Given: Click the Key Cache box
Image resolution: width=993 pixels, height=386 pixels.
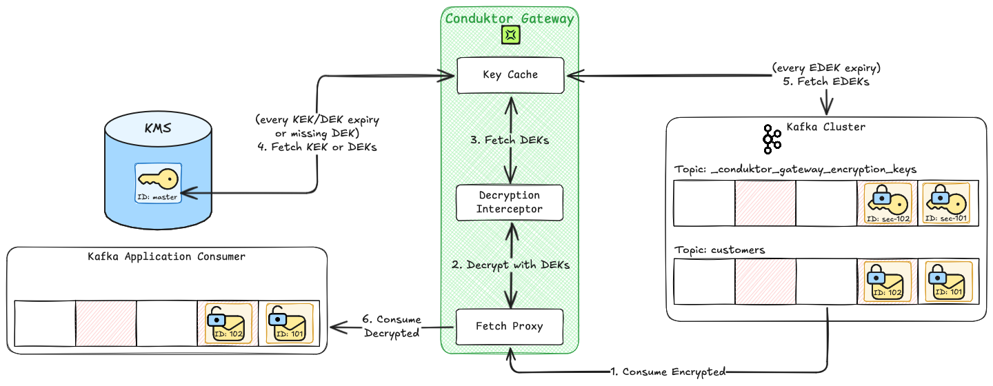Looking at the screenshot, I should [510, 75].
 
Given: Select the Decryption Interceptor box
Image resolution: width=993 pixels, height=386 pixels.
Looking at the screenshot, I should [510, 202].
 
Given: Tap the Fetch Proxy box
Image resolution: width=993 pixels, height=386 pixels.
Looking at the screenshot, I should [510, 326].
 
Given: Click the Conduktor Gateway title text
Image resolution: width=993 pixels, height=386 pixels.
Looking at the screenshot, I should [510, 19].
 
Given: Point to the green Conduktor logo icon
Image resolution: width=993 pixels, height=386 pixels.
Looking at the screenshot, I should [510, 34].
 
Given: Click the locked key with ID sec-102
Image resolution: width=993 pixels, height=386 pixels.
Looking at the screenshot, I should [887, 204].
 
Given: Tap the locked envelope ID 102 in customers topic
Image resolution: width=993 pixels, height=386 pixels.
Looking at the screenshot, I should [887, 282].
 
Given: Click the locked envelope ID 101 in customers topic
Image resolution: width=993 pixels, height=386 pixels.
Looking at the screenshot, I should [948, 282].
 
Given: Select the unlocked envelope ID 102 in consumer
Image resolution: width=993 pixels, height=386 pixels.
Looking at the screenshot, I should [228, 323].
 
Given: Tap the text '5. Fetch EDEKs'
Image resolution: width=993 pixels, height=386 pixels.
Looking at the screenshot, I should [826, 81].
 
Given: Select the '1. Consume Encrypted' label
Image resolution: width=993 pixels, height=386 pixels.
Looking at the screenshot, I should [669, 372].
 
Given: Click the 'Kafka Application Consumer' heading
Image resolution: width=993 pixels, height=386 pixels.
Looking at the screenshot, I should [166, 256].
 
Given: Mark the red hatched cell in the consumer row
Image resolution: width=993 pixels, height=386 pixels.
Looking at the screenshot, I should [106, 323].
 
